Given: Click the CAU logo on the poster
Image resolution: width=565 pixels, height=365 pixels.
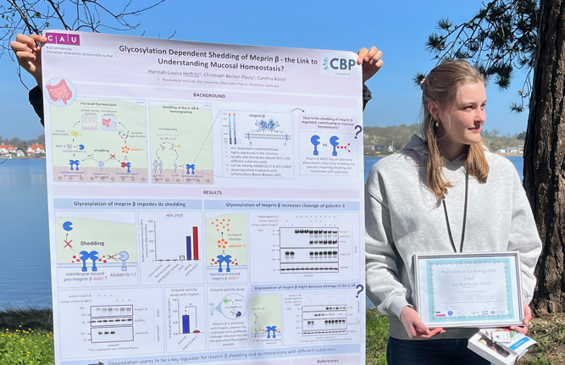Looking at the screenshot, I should (63, 39).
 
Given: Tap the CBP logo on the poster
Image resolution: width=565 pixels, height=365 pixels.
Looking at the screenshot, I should (340, 64).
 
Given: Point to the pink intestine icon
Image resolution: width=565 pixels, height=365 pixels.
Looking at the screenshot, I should (60, 91).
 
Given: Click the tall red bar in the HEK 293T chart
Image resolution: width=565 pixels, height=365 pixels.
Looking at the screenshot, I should (195, 242).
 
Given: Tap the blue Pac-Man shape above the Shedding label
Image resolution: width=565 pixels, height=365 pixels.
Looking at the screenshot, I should (68, 226).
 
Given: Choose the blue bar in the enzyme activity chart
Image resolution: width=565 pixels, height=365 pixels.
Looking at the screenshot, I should (186, 324).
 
